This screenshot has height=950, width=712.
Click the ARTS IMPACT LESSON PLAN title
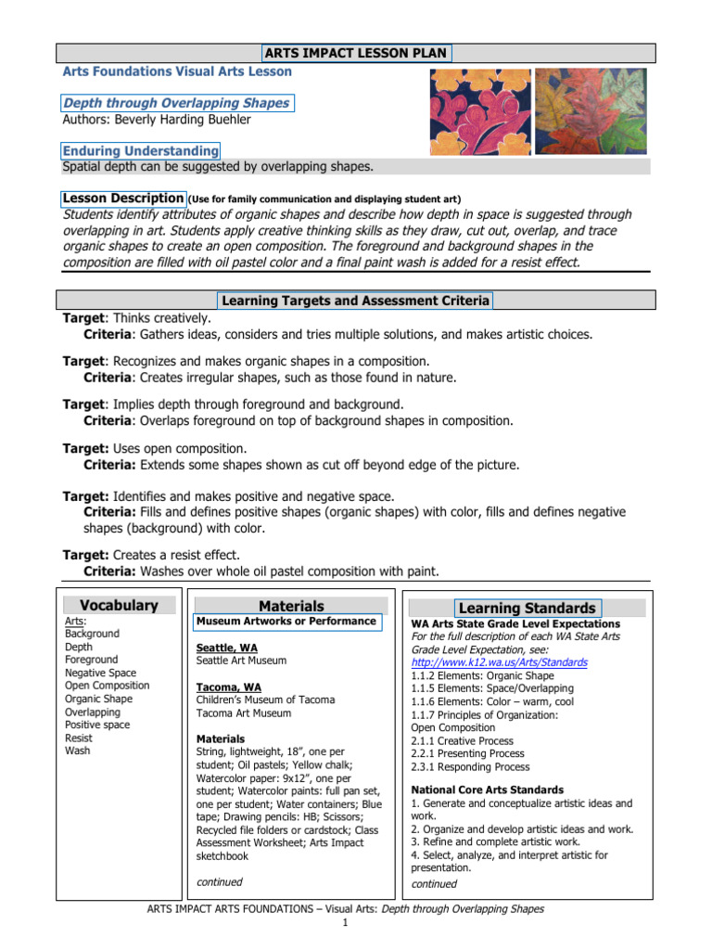pos(357,53)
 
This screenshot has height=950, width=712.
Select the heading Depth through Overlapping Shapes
pos(177,103)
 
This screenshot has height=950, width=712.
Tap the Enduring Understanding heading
pos(141,150)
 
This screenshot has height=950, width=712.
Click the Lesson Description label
pos(123,199)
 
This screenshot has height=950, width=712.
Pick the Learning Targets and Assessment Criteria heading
pos(356,300)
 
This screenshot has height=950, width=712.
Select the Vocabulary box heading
pos(118,606)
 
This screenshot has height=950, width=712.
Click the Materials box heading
pos(291,606)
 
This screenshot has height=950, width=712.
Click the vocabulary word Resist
pos(80,738)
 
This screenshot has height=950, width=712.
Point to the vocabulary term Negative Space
pos(100,673)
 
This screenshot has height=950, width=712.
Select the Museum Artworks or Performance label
pos(286,621)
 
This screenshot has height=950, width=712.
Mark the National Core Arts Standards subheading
pos(487,790)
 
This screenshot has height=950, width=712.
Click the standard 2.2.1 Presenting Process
pos(467,754)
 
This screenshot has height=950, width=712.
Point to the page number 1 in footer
pos(344,925)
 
